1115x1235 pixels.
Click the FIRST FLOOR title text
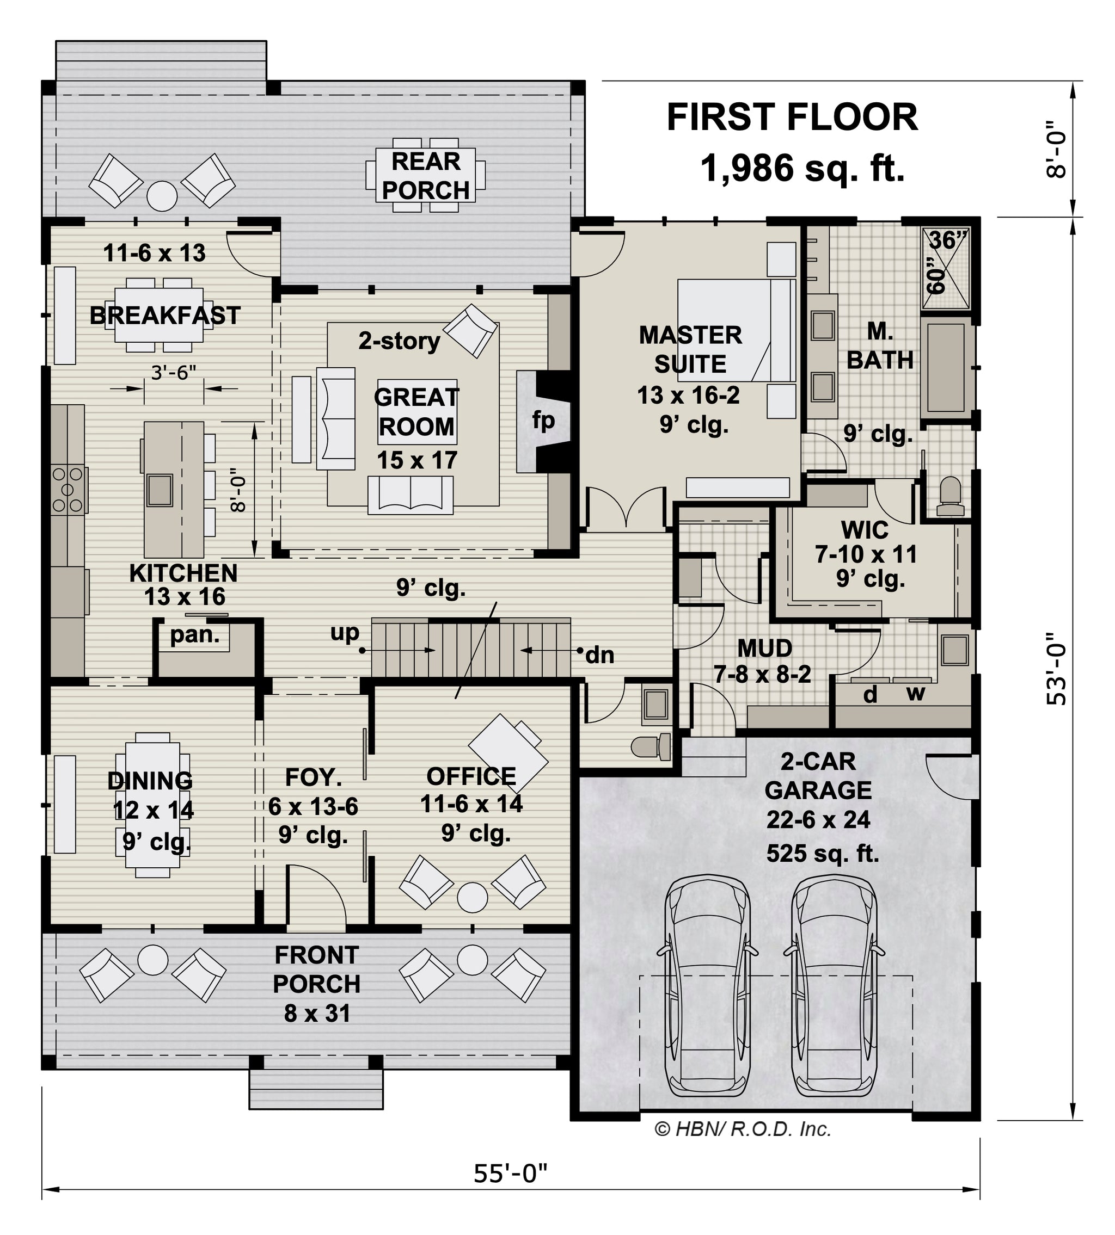tap(792, 118)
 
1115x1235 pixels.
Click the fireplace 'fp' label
tap(543, 421)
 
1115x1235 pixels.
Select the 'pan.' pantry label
tap(195, 635)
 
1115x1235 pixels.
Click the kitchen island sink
tap(160, 489)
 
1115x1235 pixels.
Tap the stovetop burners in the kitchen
tap(68, 489)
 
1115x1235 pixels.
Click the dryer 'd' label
tap(870, 694)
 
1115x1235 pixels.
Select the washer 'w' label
tap(915, 694)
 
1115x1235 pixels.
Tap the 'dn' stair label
tap(600, 655)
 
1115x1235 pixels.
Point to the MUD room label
tap(764, 649)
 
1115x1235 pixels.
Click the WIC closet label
tap(865, 530)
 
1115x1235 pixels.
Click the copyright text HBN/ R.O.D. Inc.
tap(743, 1128)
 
